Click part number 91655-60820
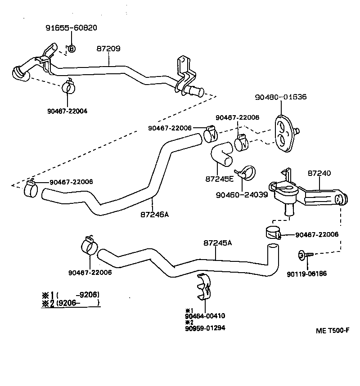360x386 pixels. tap(72, 27)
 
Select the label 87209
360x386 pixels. tap(108, 48)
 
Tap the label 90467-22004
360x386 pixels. tap(67, 111)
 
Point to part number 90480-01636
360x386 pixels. tap(281, 97)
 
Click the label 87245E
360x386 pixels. tap(220, 179)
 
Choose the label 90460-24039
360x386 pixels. tap(242, 195)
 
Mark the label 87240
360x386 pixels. tap(319, 173)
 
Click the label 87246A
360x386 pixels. tap(155, 215)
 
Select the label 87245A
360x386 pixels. tap(218, 243)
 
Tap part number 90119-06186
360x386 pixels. tap(307, 274)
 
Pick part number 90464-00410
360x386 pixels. tap(205, 316)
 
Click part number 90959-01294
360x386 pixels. tap(205, 328)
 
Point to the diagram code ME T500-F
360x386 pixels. tap(333, 330)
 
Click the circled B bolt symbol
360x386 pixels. tap(72, 49)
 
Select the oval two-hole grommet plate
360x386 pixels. tap(283, 133)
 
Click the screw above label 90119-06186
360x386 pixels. tap(305, 255)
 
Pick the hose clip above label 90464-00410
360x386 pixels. tap(204, 286)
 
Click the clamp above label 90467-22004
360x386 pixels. tap(68, 86)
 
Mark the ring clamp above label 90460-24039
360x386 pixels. tap(246, 173)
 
